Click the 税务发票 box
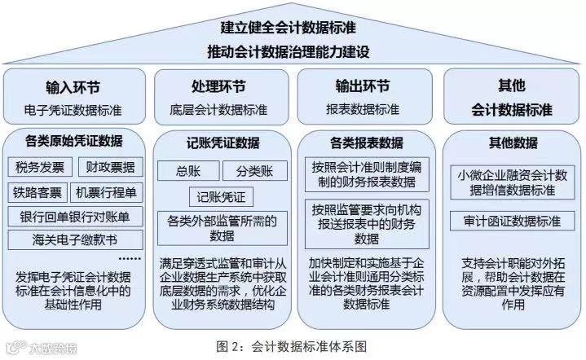coord(40,168)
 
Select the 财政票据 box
coord(109,168)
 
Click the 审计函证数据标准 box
coord(512,221)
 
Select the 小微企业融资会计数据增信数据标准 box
coord(512,182)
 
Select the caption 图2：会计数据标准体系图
coord(293,345)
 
